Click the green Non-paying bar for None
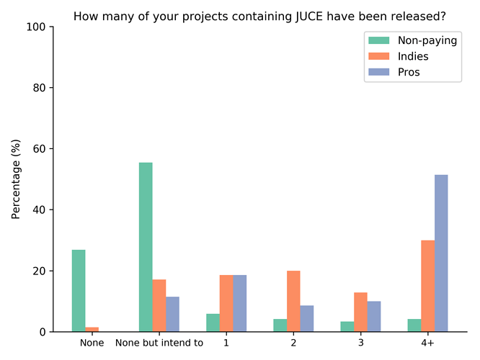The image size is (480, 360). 79,291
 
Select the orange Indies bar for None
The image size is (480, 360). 92,329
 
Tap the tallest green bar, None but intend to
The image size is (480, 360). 146,247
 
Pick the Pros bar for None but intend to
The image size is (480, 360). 172,314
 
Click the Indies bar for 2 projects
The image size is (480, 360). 293,301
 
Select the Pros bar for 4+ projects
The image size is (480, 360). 441,253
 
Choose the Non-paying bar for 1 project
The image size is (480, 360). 213,323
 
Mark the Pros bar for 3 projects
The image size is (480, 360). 374,316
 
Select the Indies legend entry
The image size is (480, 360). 413,56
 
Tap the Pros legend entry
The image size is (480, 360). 409,72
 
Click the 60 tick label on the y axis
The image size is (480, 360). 38,149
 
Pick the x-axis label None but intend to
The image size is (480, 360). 159,343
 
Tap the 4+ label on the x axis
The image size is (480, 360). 427,343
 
